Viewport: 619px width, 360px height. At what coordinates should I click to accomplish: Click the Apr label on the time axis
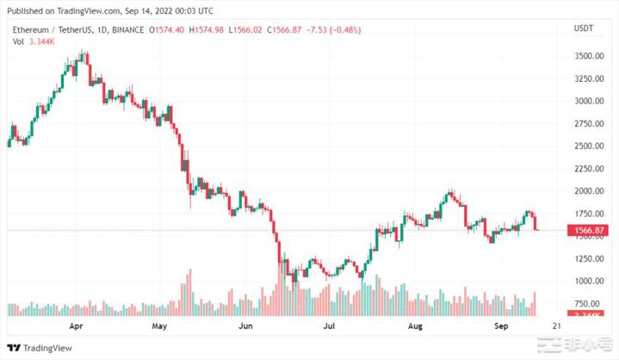(77, 327)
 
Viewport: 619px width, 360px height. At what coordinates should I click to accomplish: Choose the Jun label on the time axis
(246, 327)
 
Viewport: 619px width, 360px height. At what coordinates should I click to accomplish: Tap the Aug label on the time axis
(416, 327)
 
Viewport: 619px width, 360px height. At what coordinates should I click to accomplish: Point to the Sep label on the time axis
(502, 327)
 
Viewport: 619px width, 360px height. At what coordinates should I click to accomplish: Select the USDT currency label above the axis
(584, 29)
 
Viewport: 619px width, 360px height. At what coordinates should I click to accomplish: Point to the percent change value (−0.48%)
(341, 30)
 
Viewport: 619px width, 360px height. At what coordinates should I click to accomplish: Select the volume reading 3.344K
(36, 40)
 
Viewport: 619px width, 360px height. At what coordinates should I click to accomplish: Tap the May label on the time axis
(159, 327)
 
